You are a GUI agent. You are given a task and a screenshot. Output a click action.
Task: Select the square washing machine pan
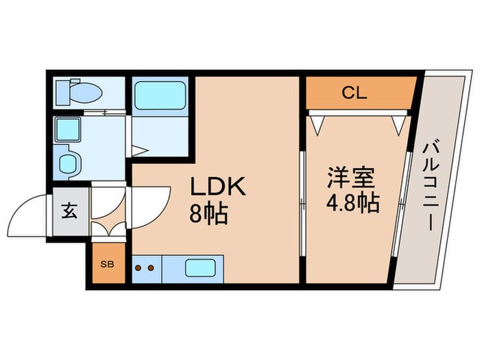coord(69,130)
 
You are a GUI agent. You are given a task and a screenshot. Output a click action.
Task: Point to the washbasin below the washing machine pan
coord(69,163)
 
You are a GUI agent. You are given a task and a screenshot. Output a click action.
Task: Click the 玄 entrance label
coord(70,211)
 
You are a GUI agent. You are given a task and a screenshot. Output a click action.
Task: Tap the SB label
coord(108,263)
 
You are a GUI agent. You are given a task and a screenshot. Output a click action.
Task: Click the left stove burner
coord(139,267)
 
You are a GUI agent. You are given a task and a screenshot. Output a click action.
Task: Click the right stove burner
coord(149,267)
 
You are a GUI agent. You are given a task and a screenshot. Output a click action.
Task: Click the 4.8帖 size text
coord(352,203)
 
